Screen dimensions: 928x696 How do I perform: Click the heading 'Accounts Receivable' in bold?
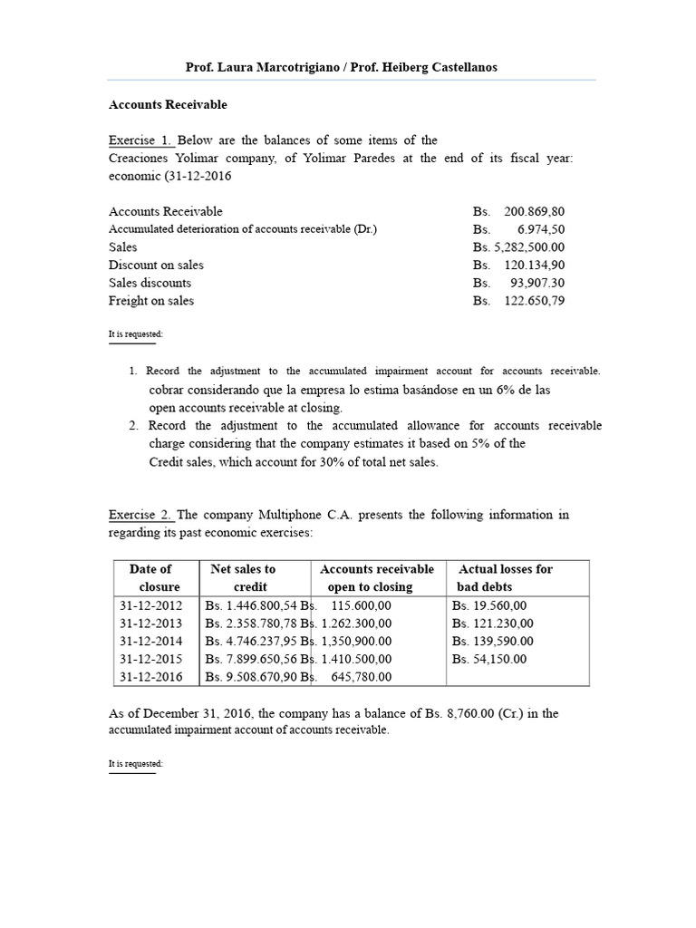point(168,104)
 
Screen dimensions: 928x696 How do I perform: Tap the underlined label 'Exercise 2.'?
point(140,515)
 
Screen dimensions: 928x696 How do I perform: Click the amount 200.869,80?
point(534,211)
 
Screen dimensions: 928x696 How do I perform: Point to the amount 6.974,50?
point(542,229)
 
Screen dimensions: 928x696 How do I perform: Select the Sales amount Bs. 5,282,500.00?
point(518,247)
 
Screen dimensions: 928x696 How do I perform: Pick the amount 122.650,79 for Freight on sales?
point(534,301)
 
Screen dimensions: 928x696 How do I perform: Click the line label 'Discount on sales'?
point(156,266)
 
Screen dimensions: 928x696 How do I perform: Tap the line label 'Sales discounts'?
point(150,283)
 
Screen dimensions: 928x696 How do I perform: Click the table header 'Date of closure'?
point(150,578)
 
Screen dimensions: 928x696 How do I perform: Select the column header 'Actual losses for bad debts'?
point(505,578)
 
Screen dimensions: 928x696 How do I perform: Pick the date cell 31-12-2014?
point(150,641)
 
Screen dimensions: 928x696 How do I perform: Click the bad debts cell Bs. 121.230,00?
point(492,623)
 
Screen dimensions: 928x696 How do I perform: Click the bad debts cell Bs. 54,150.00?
point(488,659)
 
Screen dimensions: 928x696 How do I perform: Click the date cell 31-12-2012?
point(150,605)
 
